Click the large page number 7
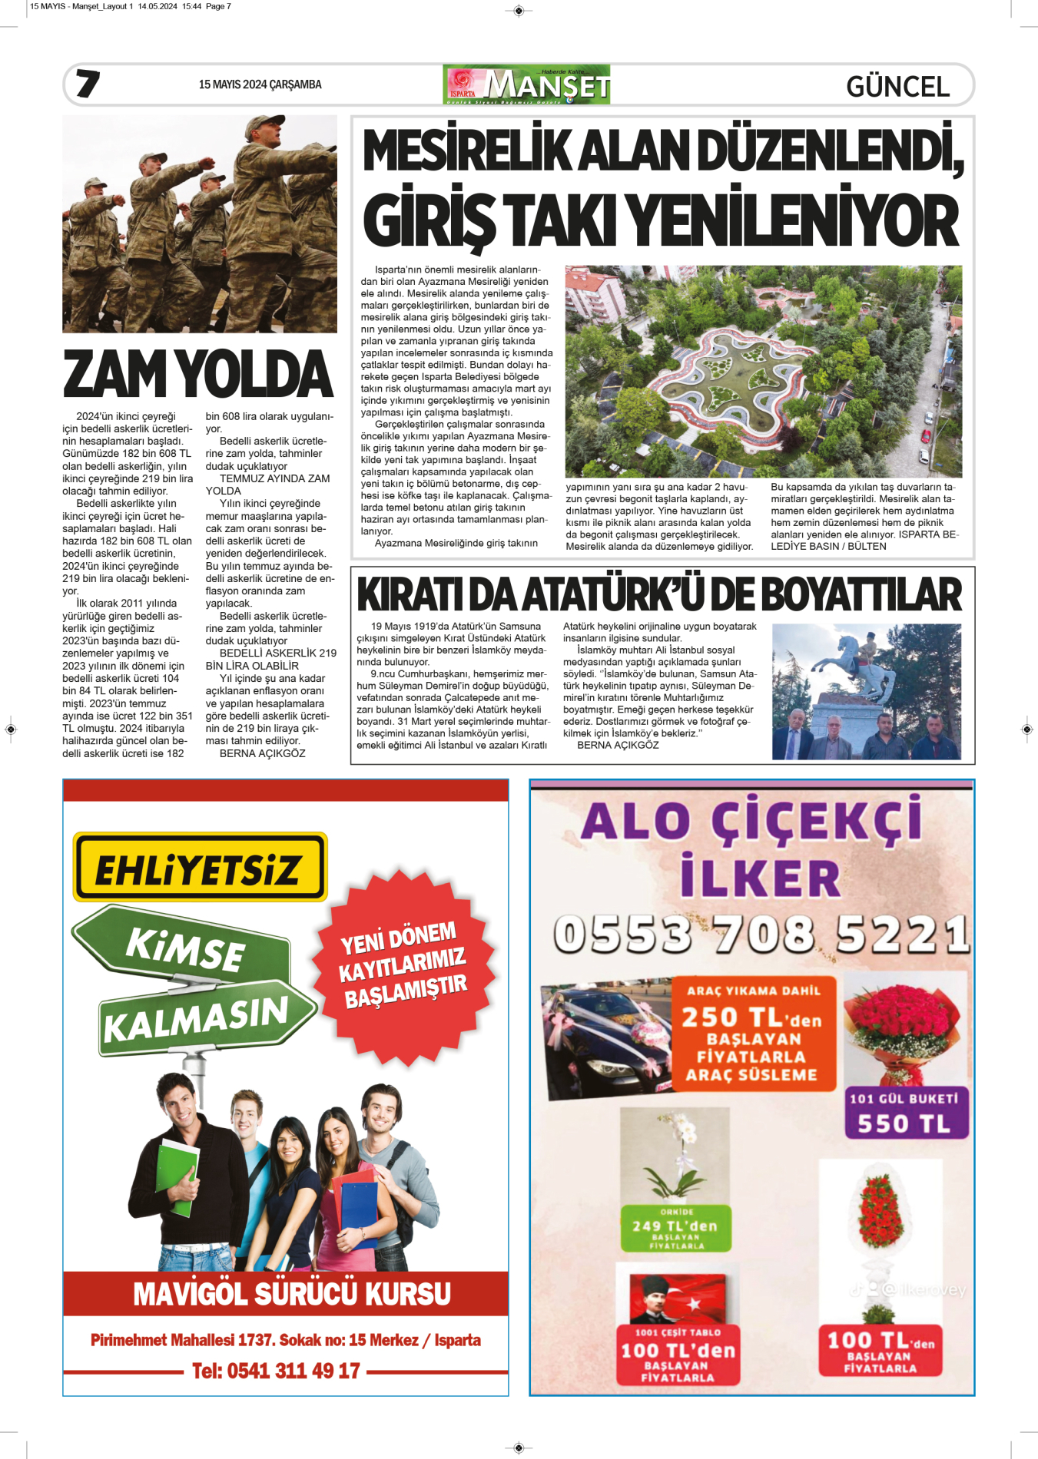(88, 84)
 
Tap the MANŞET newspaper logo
(527, 84)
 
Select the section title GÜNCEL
(897, 86)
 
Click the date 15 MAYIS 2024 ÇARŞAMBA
(260, 84)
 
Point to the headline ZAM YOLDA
(198, 374)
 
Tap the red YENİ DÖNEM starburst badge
(403, 965)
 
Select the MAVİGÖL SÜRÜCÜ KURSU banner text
(292, 1293)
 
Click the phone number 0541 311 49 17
(276, 1371)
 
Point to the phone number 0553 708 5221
(761, 935)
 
